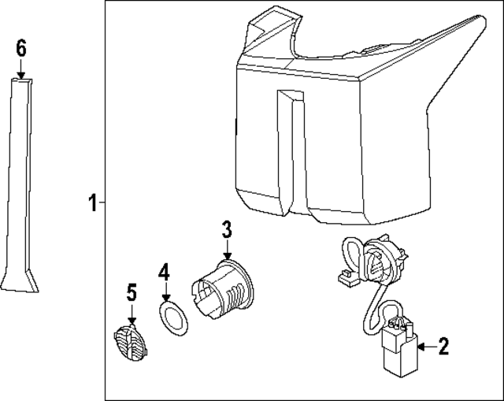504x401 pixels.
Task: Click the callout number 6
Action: tap(21, 49)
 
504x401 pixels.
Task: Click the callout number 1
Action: tap(93, 202)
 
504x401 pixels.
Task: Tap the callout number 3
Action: tap(227, 229)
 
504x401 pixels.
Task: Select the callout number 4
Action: tap(164, 272)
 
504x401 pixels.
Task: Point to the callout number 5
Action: tap(132, 292)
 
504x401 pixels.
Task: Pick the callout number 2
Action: tap(443, 347)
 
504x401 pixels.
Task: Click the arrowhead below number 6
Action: tap(21, 76)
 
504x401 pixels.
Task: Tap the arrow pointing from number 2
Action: tap(428, 347)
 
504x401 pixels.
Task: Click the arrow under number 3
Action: tap(228, 250)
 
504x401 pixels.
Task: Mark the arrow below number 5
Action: tap(132, 314)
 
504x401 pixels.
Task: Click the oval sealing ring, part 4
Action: tap(173, 318)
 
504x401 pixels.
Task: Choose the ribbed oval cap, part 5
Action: tap(132, 343)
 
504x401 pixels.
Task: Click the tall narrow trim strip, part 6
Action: tap(19, 185)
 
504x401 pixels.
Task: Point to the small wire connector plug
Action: tap(348, 278)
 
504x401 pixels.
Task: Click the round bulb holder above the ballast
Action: tap(383, 261)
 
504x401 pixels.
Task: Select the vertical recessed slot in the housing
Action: tap(291, 151)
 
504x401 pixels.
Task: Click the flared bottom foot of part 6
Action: tap(19, 282)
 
